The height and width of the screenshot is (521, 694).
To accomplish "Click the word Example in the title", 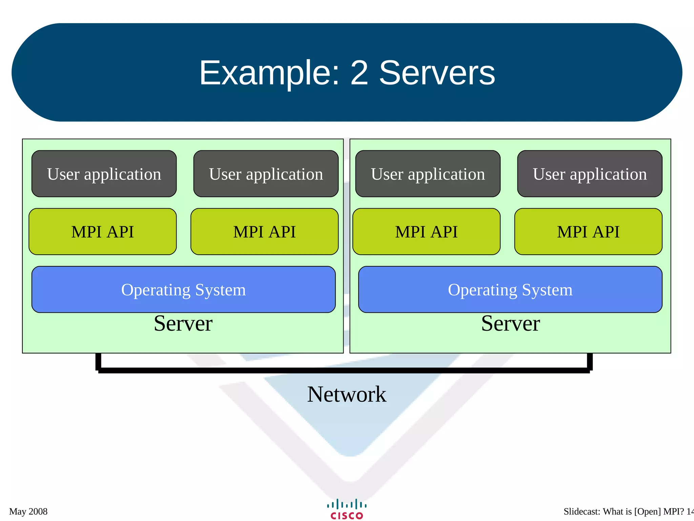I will (x=269, y=73).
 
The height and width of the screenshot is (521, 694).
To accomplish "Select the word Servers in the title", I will (x=437, y=73).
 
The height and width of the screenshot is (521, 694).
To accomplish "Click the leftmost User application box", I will (x=104, y=174).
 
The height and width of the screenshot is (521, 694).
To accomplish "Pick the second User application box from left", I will (x=266, y=174).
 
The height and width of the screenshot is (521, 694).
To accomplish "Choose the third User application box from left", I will (x=428, y=174).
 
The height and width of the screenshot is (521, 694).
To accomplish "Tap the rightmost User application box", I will (x=590, y=174).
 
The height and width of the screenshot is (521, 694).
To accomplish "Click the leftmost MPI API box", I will (x=103, y=232).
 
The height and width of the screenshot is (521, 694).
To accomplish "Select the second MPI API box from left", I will (x=264, y=232).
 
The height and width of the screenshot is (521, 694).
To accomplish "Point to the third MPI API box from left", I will (x=426, y=232).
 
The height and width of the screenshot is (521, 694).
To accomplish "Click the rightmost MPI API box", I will (x=588, y=232).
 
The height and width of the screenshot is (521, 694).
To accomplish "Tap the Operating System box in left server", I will (x=183, y=289).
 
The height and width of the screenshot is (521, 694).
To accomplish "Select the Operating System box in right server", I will (x=510, y=289).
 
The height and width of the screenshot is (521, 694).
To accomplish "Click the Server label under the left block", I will (x=183, y=323).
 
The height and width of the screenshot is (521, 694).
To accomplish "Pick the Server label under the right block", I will (x=510, y=323).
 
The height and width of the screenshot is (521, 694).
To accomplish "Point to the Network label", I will (x=346, y=394).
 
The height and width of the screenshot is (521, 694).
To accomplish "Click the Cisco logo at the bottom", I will (x=347, y=509).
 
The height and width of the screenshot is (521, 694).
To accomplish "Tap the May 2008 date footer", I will (x=28, y=512).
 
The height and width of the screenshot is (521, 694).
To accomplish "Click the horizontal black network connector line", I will (x=344, y=370).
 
